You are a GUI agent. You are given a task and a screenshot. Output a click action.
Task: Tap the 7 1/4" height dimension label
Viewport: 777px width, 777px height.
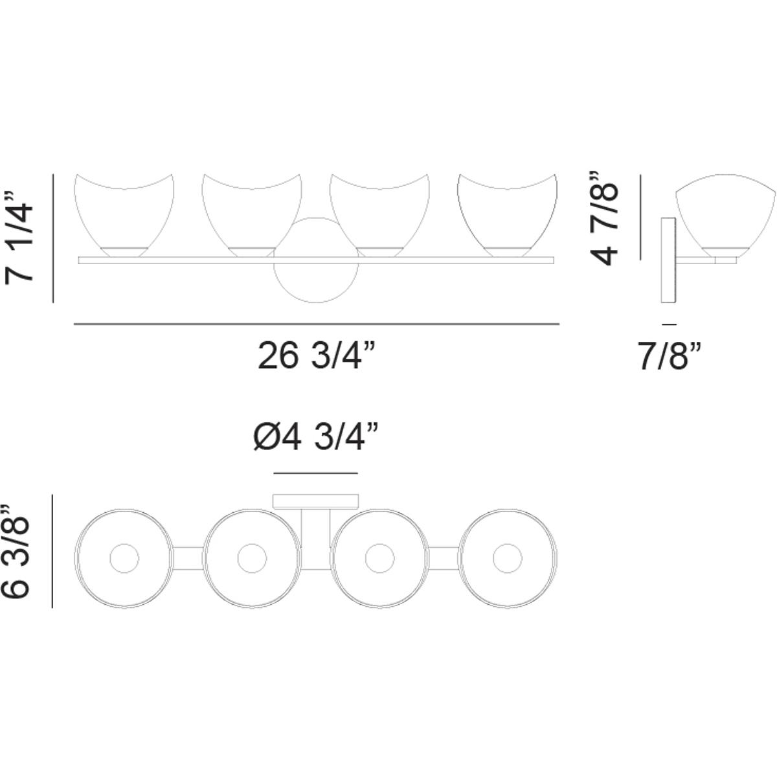[19, 238]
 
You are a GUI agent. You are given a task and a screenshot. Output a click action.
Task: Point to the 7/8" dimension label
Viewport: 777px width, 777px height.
[670, 355]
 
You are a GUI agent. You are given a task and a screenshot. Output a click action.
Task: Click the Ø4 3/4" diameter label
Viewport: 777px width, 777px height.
[316, 438]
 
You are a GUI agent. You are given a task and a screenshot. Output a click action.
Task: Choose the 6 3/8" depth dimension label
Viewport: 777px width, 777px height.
[16, 551]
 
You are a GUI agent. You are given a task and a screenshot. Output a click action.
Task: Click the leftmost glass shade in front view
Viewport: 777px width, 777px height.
[124, 216]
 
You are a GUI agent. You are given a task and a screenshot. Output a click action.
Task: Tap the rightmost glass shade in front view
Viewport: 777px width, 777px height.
[507, 216]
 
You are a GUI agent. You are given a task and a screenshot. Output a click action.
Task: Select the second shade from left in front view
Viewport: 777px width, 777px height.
[252, 216]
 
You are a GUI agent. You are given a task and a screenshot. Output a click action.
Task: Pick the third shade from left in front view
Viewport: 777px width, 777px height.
[379, 216]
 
